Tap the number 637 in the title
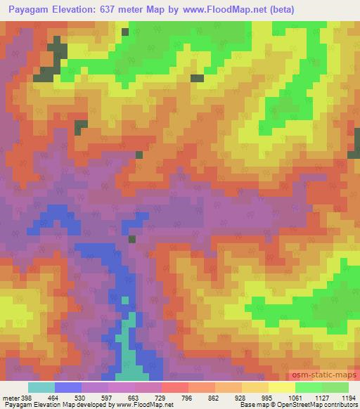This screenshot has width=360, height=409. (114, 10)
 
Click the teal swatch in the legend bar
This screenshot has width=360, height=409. (41, 387)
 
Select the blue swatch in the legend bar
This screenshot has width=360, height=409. (68, 387)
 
